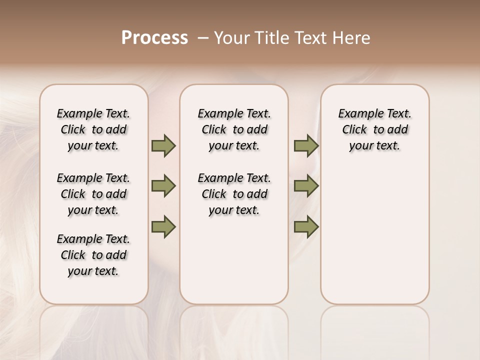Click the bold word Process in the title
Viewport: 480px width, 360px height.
[x=154, y=38]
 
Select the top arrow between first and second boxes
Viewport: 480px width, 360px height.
[x=163, y=146]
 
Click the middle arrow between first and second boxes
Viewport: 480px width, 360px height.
[x=163, y=186]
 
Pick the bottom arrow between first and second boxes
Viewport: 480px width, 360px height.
[x=163, y=226]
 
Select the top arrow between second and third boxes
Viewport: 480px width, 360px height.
[x=306, y=146]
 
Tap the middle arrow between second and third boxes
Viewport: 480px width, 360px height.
[x=306, y=186]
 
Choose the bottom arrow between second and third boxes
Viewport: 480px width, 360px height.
[x=306, y=226]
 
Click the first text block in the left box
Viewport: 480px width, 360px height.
[x=93, y=129]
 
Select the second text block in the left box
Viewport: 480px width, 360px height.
[x=93, y=194]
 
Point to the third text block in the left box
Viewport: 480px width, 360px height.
[x=93, y=255]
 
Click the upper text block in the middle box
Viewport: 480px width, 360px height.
[x=234, y=129]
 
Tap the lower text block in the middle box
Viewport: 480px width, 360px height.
[x=234, y=194]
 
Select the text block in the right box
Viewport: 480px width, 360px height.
[x=374, y=129]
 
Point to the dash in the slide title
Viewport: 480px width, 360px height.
[x=202, y=38]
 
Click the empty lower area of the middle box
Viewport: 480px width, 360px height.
[x=234, y=260]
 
